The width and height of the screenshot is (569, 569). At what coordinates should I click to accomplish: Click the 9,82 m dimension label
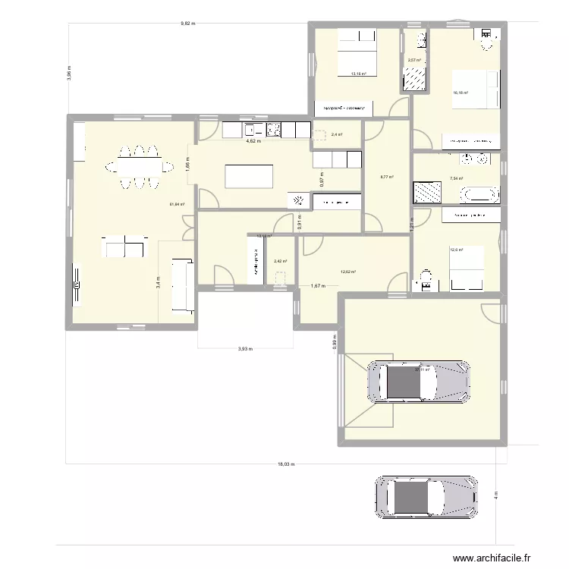[187, 24]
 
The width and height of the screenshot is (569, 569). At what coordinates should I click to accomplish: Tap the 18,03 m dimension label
[286, 464]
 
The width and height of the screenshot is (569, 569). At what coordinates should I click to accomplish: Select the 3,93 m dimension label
[245, 350]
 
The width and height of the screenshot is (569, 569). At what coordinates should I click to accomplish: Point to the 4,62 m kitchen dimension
[253, 141]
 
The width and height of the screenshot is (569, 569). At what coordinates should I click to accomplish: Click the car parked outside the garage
[426, 497]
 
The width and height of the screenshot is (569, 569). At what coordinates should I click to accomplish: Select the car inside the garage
[418, 381]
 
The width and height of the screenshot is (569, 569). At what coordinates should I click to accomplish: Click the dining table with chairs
[139, 165]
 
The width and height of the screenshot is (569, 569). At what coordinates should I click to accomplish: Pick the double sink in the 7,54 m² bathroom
[474, 159]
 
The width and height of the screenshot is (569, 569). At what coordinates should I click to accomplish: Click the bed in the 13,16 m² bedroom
[356, 52]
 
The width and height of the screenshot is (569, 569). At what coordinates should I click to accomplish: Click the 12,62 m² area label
[348, 272]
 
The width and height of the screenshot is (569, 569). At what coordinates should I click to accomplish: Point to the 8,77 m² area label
[387, 177]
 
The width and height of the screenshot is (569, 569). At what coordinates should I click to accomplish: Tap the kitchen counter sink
[253, 130]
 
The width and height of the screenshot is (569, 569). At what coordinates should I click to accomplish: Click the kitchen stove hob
[273, 130]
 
